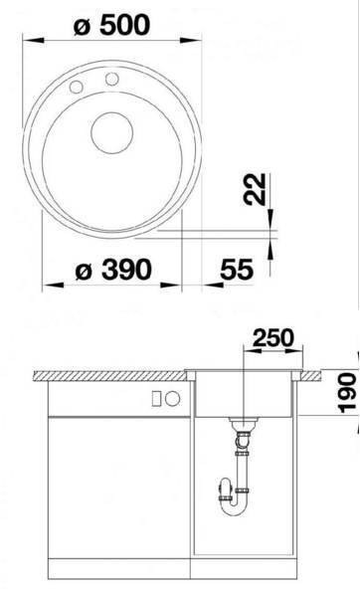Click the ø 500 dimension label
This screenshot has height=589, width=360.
pyautogui.click(x=111, y=25)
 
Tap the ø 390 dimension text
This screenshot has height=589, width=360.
pyautogui.click(x=113, y=270)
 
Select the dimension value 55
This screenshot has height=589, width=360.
pyautogui.click(x=237, y=269)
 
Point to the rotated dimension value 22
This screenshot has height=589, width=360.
pyautogui.click(x=255, y=189)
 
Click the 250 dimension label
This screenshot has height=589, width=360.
pyautogui.click(x=272, y=337)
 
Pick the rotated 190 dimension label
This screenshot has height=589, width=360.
pyautogui.click(x=346, y=392)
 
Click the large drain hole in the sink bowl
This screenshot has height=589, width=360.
pyautogui.click(x=111, y=132)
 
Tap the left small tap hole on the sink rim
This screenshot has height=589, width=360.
pyautogui.click(x=77, y=87)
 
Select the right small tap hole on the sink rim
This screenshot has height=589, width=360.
pyautogui.click(x=111, y=79)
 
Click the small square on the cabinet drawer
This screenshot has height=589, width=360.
pyautogui.click(x=157, y=398)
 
